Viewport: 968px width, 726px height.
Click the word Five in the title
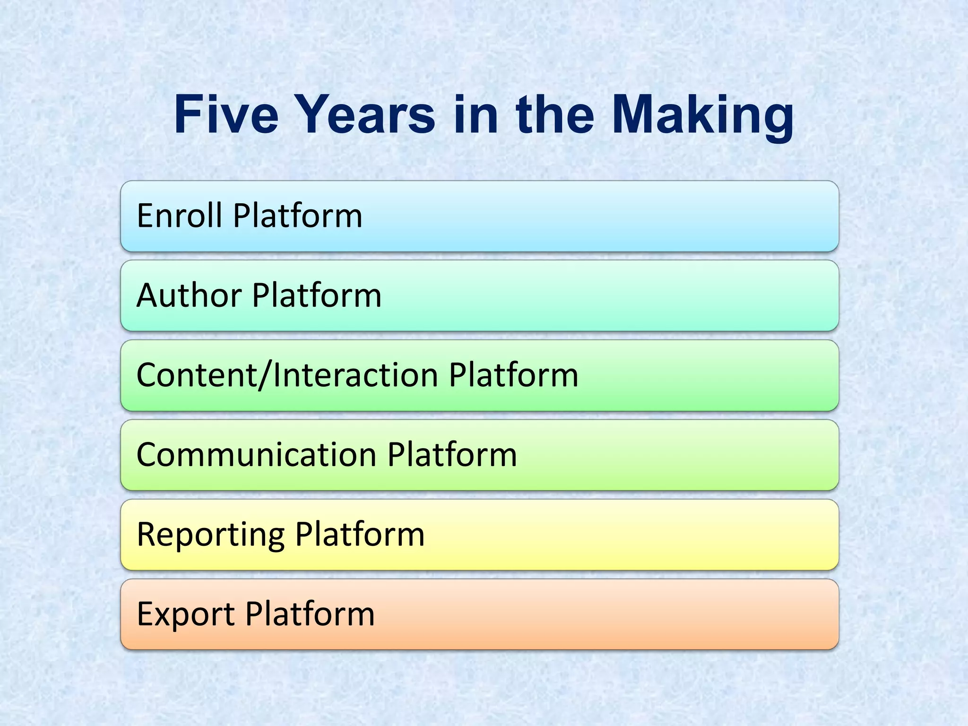[226, 115]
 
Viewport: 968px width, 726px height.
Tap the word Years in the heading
[366, 115]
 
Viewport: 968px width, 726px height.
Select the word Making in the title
[703, 117]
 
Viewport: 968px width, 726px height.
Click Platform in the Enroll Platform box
[298, 216]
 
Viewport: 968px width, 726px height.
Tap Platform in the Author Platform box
[317, 295]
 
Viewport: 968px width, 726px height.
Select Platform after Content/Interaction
[514, 375]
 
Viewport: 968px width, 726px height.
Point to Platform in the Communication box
[452, 455]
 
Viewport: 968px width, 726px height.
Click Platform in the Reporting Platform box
[360, 535]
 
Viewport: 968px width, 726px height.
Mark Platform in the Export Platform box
[310, 614]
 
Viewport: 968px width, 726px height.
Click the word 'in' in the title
[475, 115]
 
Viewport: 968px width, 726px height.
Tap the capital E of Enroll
[145, 216]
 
